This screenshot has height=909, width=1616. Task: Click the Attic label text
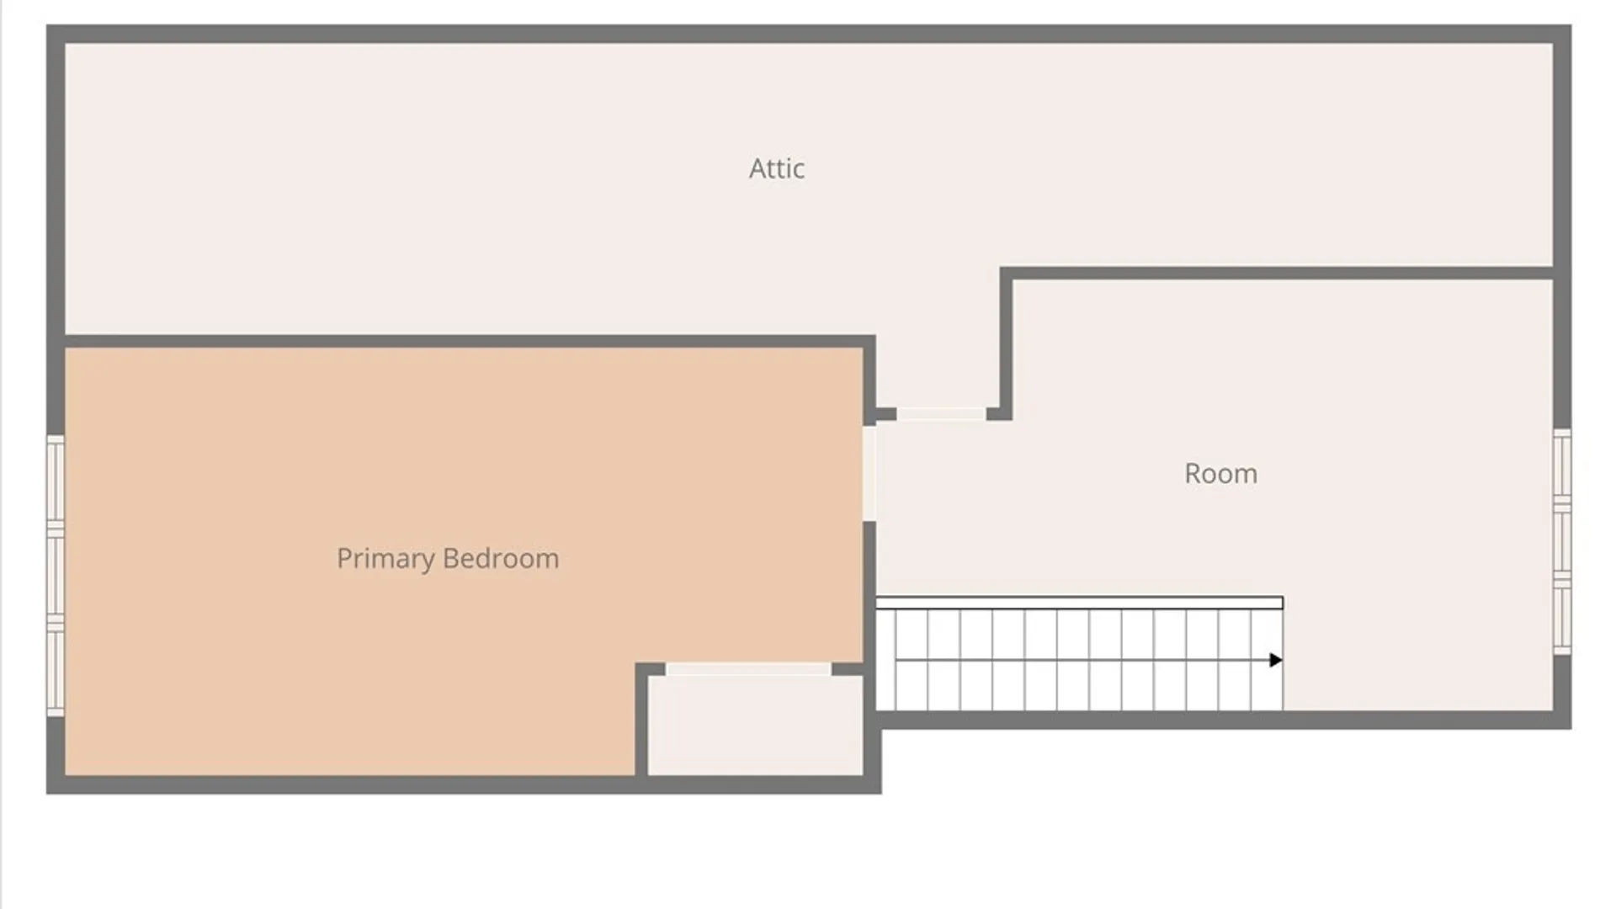click(777, 168)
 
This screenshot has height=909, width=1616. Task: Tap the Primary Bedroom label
click(448, 559)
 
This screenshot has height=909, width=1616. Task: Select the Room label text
click(1220, 474)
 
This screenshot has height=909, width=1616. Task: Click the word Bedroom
click(501, 558)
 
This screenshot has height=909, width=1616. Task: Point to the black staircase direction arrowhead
click(1276, 661)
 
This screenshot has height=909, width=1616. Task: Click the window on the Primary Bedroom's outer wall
click(56, 576)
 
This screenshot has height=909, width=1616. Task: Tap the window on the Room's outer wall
click(1562, 542)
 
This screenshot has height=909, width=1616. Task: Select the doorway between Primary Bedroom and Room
click(869, 474)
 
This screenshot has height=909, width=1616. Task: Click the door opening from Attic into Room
click(941, 414)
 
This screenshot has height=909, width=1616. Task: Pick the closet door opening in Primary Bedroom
click(748, 669)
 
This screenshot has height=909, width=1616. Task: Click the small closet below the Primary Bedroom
click(755, 726)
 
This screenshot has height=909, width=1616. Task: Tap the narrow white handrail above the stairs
click(1080, 603)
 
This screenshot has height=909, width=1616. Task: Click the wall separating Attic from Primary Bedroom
click(470, 342)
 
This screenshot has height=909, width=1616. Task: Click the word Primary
click(386, 559)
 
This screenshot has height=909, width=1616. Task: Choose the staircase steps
click(1080, 660)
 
